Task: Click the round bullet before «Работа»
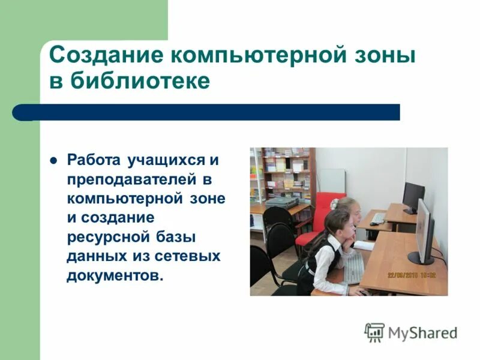click(53, 161)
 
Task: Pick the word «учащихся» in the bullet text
click(160, 161)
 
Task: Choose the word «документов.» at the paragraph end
click(115, 275)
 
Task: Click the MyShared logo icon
click(374, 332)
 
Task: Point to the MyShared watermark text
click(422, 332)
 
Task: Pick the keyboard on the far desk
click(379, 218)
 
